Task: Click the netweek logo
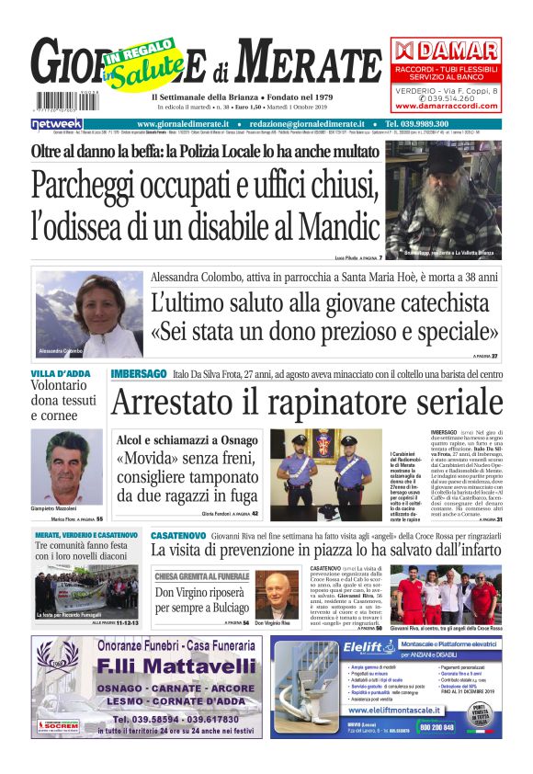click(x=57, y=123)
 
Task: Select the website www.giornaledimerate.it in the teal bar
click(x=187, y=123)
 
